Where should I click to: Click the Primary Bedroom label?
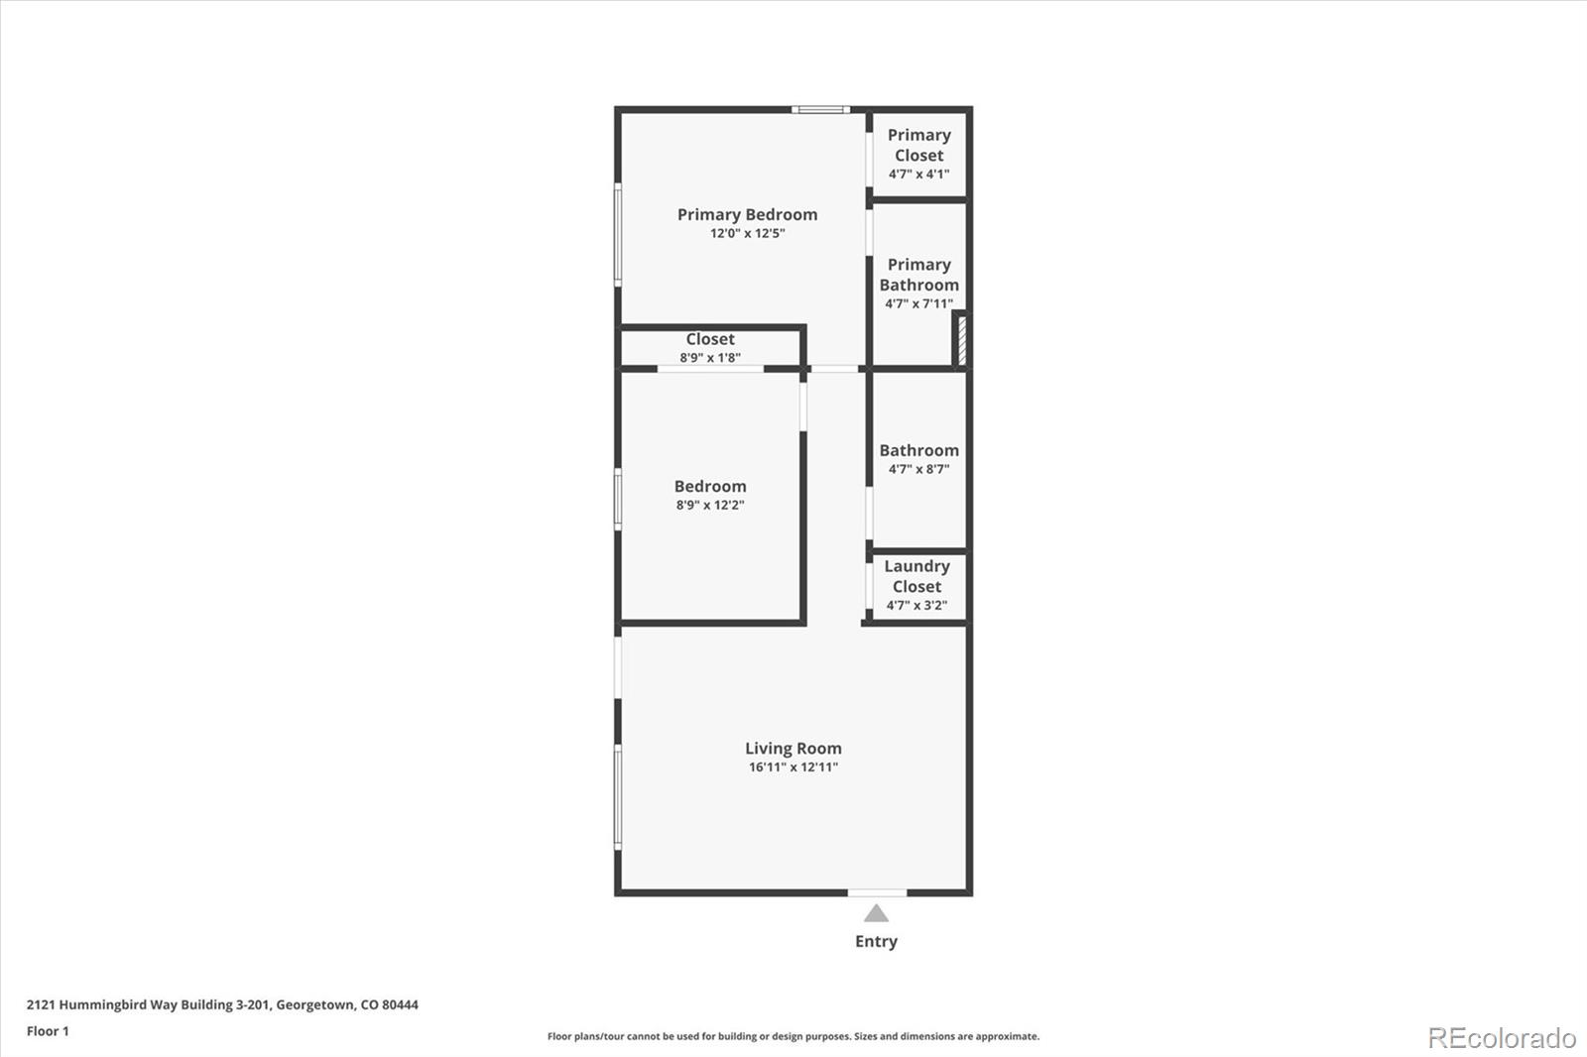click(747, 214)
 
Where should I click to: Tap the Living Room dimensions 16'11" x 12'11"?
click(793, 767)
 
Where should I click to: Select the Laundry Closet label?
click(916, 576)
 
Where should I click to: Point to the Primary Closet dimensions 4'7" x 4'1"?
click(918, 175)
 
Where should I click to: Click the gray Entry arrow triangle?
click(876, 913)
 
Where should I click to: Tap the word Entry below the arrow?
click(876, 941)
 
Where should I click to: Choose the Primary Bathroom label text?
click(918, 275)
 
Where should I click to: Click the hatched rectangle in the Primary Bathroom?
click(960, 340)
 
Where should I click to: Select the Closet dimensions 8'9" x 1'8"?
click(710, 358)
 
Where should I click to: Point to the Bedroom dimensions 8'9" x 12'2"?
click(710, 506)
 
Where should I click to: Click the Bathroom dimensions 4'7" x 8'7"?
click(918, 470)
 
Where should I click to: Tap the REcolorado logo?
click(1501, 1038)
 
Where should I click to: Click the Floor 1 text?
click(48, 1031)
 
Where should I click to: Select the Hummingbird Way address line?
click(222, 1004)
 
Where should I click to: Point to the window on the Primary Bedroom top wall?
click(820, 109)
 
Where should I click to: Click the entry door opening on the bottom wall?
click(876, 892)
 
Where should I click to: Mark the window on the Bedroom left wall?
click(618, 499)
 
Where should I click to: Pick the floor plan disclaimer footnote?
click(793, 1036)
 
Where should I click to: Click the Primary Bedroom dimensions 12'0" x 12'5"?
click(747, 234)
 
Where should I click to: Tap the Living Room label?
click(793, 749)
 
